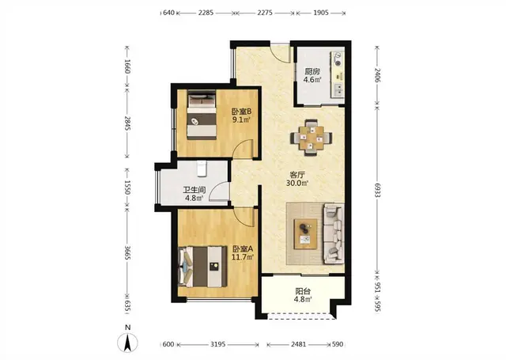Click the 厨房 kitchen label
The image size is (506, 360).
(312, 71)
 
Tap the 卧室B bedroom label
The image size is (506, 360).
(241, 112)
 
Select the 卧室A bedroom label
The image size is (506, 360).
(243, 249)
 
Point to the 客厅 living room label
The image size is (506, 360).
(297, 175)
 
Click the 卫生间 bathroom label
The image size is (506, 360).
(194, 190)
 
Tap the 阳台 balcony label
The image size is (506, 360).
(303, 291)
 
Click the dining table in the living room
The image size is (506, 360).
(311, 138)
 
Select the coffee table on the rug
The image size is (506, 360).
(305, 233)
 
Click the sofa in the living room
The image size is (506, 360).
(334, 233)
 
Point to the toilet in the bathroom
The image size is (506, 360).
(202, 169)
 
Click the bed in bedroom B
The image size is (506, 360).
(202, 115)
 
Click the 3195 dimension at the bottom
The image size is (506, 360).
(218, 344)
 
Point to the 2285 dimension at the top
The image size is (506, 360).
(206, 13)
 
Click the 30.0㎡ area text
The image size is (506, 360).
(297, 183)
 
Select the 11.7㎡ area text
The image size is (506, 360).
(243, 257)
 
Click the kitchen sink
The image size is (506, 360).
(338, 90)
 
